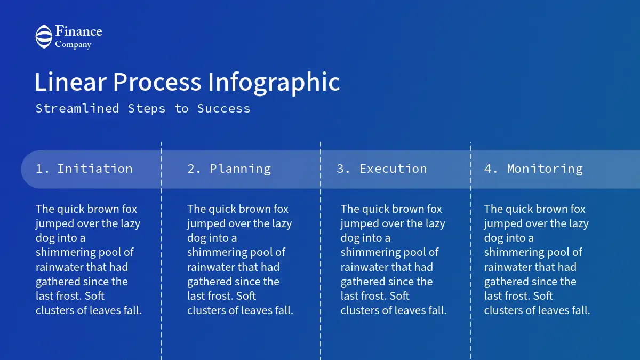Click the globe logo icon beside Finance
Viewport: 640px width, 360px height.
[44, 37]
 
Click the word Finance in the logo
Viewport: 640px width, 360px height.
[78, 31]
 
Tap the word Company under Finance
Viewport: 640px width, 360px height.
[73, 45]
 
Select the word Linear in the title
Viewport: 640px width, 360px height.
[70, 82]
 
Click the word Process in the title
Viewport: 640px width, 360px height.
[157, 82]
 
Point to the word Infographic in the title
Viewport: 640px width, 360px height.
[274, 83]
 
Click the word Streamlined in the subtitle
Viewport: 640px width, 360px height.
[77, 109]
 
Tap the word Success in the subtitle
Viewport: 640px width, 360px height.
[223, 109]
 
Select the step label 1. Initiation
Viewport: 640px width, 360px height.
[84, 169]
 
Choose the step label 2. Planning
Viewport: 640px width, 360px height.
[229, 169]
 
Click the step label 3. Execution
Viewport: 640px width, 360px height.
[382, 169]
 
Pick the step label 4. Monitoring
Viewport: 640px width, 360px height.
[533, 169]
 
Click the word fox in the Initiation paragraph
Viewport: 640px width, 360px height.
[130, 209]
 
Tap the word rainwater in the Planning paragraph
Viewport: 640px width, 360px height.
[211, 267]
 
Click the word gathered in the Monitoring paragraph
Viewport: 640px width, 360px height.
[506, 282]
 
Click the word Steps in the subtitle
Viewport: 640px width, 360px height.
[147, 109]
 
